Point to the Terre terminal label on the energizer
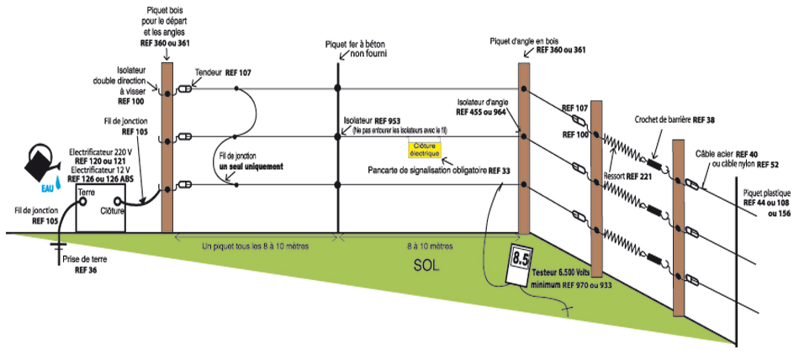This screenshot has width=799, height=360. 86,193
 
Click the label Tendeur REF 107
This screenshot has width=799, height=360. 223,73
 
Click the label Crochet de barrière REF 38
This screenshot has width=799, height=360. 671,120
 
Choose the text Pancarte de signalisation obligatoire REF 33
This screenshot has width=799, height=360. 439,170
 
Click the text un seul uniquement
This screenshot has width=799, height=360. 250,167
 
